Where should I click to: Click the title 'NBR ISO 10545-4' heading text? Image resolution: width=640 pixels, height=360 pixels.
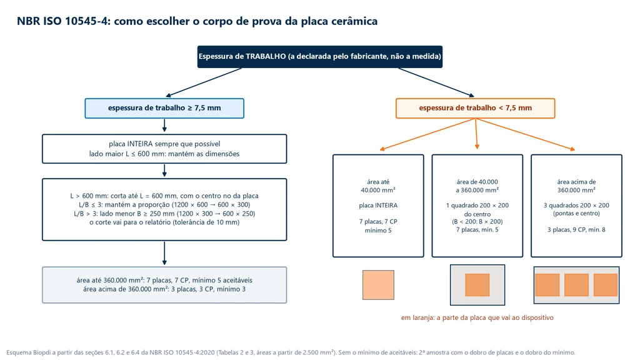pos(197,21)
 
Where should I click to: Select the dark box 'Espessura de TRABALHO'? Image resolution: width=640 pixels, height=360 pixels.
pos(319,57)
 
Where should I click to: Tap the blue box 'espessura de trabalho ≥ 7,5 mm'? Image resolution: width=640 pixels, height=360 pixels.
pos(164,108)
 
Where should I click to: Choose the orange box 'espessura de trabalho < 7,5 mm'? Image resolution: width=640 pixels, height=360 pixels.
pos(475,108)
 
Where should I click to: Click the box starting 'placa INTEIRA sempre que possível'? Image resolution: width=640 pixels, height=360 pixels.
pos(164,149)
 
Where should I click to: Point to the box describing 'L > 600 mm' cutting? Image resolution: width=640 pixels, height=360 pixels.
pos(164,209)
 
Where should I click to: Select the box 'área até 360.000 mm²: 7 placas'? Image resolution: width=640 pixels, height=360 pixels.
pos(164,285)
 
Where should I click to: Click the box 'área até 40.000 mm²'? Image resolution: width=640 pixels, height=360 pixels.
pos(378,206)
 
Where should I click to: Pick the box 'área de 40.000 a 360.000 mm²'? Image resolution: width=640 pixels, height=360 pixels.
pos(477,206)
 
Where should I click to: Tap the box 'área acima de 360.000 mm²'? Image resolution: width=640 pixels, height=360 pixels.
pos(576,206)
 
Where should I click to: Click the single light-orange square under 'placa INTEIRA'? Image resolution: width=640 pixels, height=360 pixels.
pos(378,285)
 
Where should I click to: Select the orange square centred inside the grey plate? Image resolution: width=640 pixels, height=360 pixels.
pos(477,285)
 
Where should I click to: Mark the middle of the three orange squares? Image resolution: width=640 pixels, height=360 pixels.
pos(576,285)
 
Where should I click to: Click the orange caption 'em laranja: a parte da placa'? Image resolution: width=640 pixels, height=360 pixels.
pos(477,317)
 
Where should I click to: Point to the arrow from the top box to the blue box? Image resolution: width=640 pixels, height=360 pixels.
pos(204,82)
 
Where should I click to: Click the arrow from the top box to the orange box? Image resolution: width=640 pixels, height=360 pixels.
pos(436,82)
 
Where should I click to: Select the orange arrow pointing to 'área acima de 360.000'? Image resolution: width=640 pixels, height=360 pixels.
pos(525,135)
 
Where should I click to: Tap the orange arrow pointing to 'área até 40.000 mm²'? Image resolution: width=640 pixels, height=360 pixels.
pos(427,135)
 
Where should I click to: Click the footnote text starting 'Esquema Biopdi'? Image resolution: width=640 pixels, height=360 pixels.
pos(291,352)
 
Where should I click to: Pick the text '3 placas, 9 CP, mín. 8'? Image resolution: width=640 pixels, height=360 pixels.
pos(576,230)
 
